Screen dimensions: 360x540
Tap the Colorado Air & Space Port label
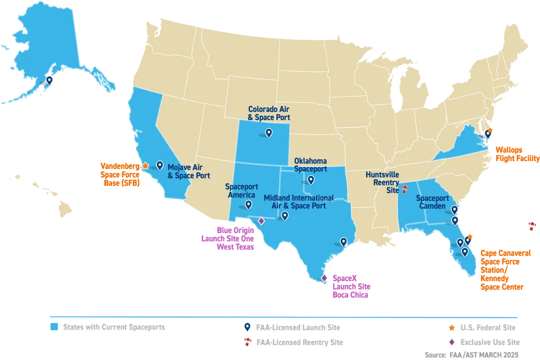tap(269, 113)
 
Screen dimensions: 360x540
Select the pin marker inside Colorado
tap(268, 132)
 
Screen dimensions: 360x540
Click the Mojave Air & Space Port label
tap(188, 171)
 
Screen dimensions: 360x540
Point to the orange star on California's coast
tap(145, 165)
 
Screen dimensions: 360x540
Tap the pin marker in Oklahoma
tap(311, 180)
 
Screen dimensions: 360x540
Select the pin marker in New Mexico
tap(248, 204)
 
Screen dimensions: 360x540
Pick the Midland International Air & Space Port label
tap(294, 201)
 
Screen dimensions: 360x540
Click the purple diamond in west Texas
tap(260, 220)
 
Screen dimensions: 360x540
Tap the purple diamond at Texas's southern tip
tap(323, 278)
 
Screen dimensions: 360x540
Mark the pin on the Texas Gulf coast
tap(343, 241)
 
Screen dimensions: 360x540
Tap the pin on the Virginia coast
tap(487, 133)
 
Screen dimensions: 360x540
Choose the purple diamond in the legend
tap(451, 342)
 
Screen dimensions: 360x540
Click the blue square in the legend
tap(52, 328)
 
